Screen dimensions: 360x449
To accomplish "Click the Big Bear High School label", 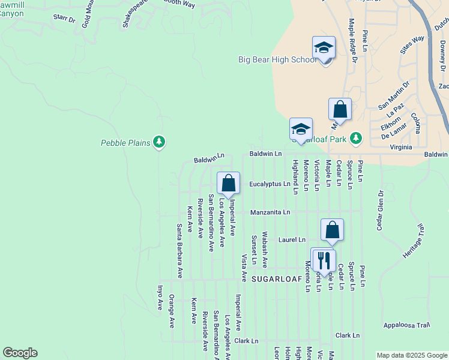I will coord(277,59).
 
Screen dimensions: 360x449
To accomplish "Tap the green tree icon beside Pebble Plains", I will coord(159,142).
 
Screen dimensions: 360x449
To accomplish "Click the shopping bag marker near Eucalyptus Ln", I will coord(228,184).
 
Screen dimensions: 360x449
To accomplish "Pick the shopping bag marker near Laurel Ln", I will coord(332,230).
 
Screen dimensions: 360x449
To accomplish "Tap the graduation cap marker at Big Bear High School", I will coord(324,48).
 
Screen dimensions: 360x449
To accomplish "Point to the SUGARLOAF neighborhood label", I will coord(276,279).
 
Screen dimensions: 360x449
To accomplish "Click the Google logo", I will coord(20,353).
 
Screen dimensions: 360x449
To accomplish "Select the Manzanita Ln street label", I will coord(270,212).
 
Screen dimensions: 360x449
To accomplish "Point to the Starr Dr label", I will coord(64,20).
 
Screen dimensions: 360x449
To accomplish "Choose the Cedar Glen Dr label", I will coord(380,211).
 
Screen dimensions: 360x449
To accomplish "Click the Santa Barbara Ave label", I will coord(179,251).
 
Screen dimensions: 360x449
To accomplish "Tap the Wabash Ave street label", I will coord(265,250).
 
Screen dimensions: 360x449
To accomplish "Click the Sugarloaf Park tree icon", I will coord(356,139).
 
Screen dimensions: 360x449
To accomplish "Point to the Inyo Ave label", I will coord(160,297).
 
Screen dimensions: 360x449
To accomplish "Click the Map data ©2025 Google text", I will coord(412,355).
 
